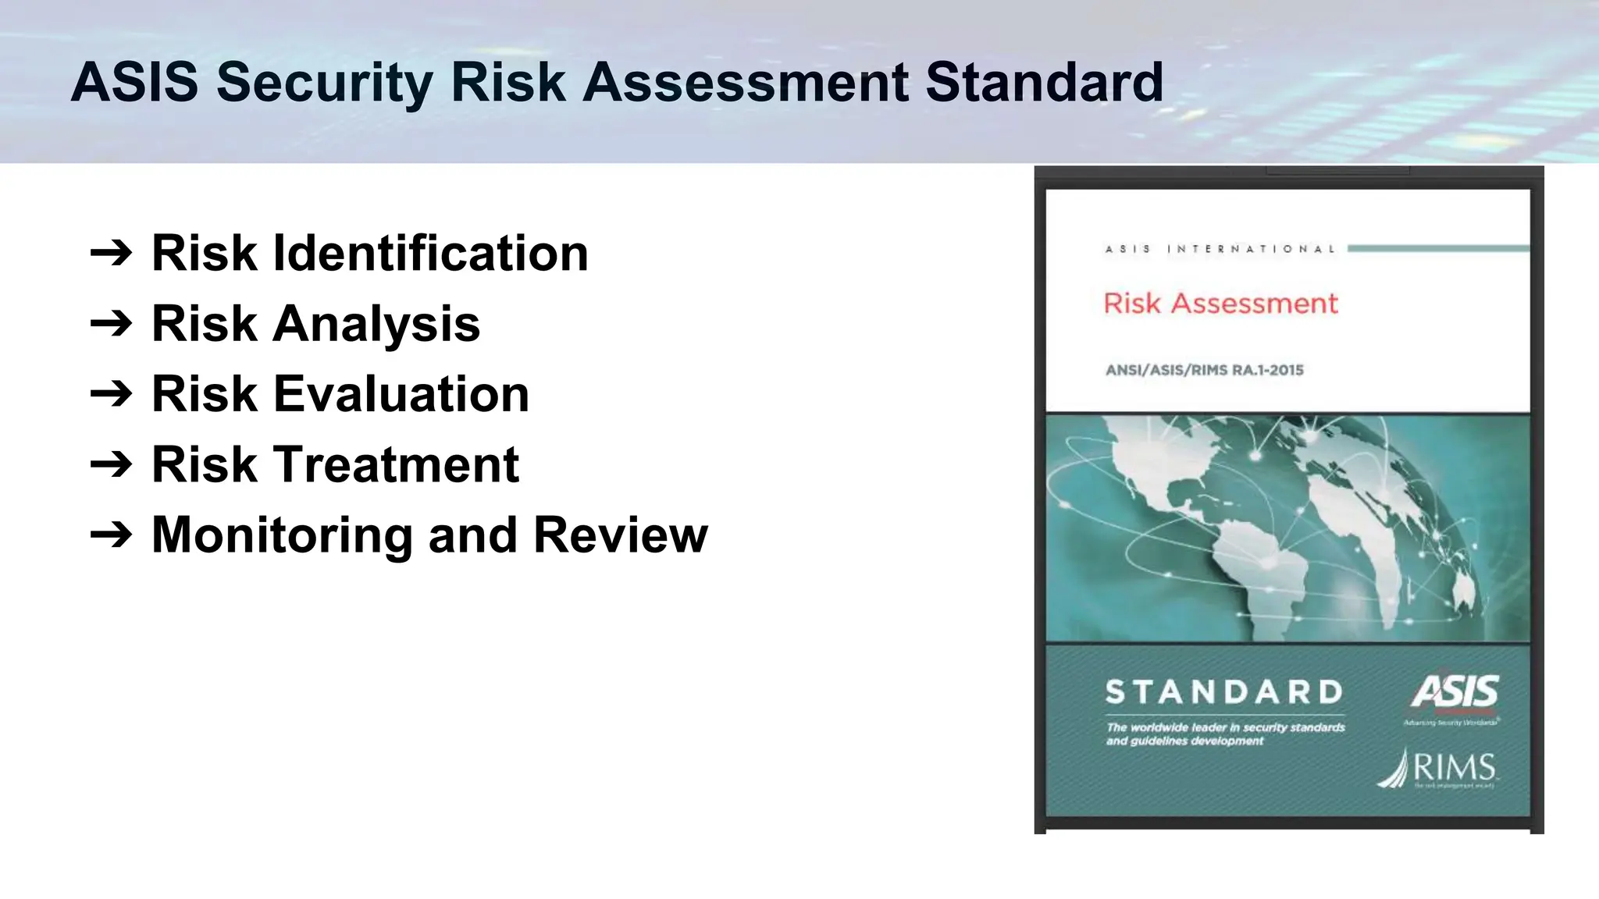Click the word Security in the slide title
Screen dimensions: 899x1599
[324, 83]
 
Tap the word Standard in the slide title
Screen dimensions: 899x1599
[1044, 83]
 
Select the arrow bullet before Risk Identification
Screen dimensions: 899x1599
[112, 253]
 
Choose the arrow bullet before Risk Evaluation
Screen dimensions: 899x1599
[112, 394]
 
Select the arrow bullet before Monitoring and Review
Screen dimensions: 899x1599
[112, 535]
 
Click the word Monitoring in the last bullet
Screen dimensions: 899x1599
[282, 535]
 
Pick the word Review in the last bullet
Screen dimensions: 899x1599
[620, 535]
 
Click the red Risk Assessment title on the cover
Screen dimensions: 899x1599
[1220, 303]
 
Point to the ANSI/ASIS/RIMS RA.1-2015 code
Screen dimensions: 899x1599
[1204, 370]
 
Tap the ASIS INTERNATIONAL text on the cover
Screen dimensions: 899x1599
[1220, 249]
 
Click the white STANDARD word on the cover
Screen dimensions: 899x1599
[1223, 692]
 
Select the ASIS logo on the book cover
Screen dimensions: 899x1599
[1454, 693]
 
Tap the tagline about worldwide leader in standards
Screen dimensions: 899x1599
[1225, 734]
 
